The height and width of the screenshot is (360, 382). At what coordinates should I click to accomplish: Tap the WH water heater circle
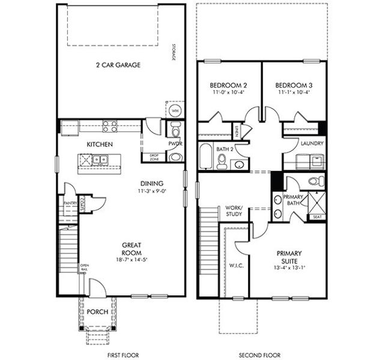click(x=175, y=111)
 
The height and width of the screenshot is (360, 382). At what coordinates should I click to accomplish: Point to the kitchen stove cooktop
click(x=109, y=126)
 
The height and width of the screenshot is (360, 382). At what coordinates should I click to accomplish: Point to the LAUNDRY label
click(x=312, y=143)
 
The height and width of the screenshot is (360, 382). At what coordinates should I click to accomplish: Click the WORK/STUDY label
click(x=233, y=210)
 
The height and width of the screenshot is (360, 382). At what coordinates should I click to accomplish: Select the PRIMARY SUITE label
click(x=289, y=257)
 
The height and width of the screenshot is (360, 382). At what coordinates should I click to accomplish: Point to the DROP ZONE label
click(x=153, y=157)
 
